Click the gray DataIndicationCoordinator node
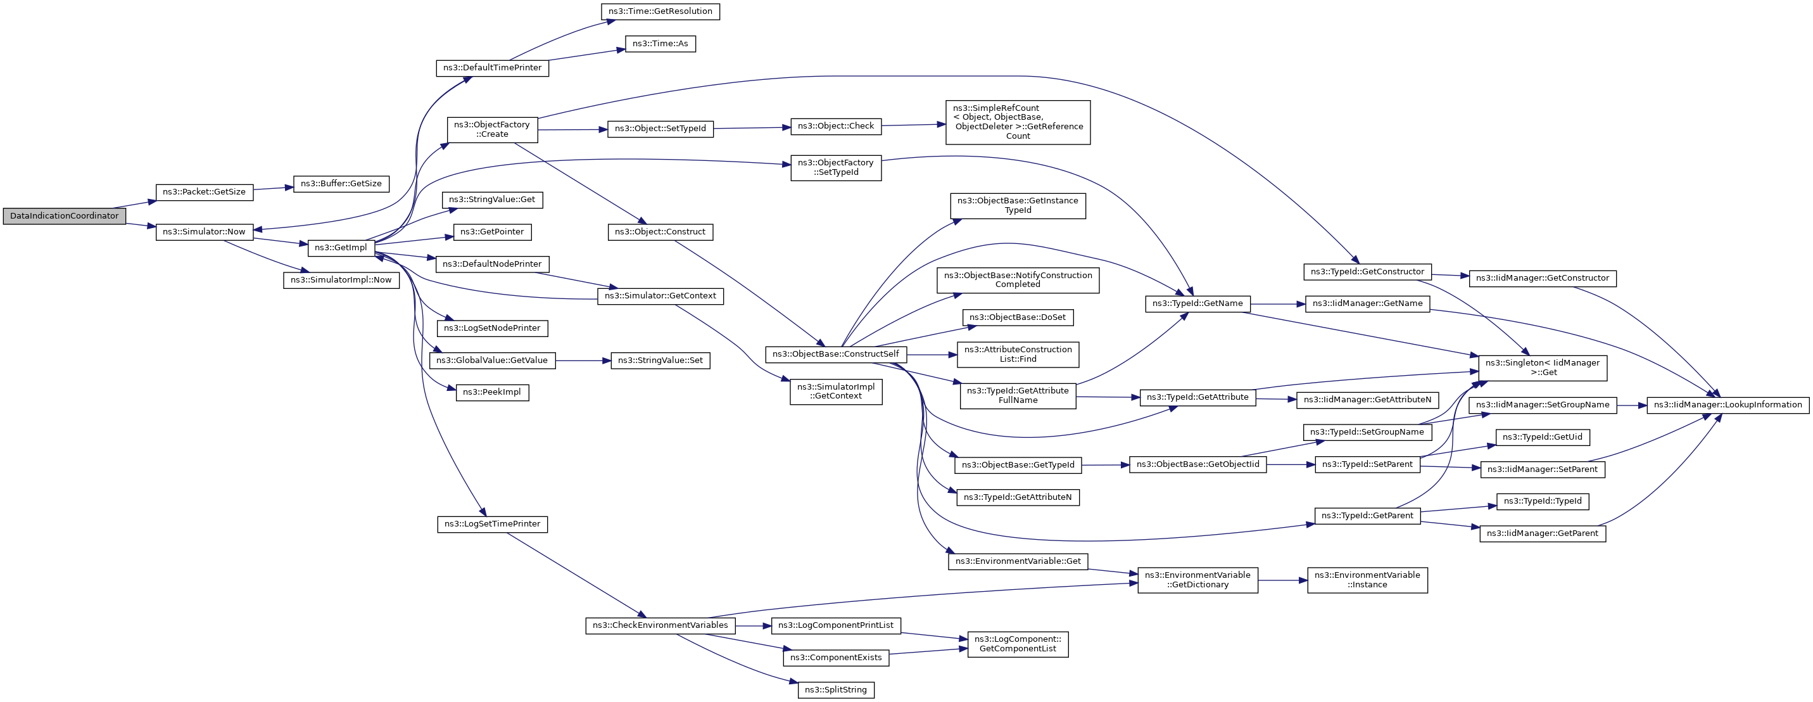coord(64,216)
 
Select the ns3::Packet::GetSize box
coord(204,192)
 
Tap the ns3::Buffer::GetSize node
coord(341,184)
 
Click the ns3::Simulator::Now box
coord(204,232)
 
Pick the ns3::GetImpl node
coord(341,248)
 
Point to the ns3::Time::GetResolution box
coord(660,11)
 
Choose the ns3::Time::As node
coord(660,44)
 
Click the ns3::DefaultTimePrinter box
coord(493,68)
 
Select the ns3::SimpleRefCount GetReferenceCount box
coord(1018,122)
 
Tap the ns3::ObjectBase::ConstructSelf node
coord(836,354)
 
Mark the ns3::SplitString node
coord(836,690)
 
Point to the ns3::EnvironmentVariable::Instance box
coord(1367,580)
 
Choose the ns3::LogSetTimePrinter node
coord(493,524)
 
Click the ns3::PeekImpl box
coord(493,392)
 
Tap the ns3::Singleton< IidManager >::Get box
coord(1543,368)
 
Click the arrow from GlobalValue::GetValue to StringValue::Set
coord(583,361)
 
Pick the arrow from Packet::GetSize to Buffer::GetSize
coord(273,188)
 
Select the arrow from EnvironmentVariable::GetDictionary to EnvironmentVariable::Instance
coord(1282,580)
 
